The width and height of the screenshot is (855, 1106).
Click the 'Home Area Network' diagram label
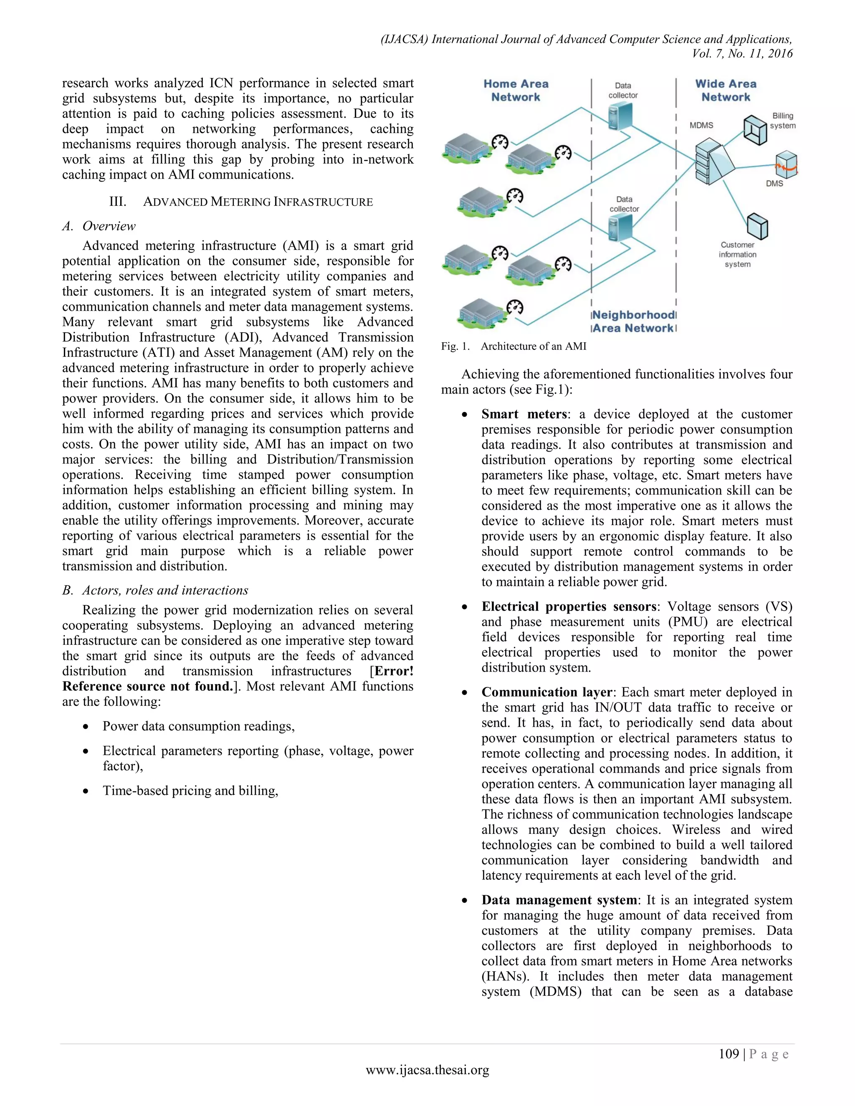pos(516,91)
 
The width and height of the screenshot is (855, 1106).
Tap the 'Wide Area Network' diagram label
pos(725,91)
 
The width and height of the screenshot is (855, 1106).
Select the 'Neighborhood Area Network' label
pos(634,321)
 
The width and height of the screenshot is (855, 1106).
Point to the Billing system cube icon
pos(755,130)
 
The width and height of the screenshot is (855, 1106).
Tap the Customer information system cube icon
pos(757,226)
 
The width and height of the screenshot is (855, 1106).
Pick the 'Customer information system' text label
pos(738,255)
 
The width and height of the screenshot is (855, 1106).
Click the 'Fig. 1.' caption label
pos(455,346)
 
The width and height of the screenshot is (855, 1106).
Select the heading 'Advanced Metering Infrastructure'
pos(258,202)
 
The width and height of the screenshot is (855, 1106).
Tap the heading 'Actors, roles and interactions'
pos(165,591)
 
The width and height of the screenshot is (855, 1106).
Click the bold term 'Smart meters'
pos(524,414)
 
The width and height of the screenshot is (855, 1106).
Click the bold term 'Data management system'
pos(559,900)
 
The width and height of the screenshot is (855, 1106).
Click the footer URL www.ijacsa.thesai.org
pos(427,1070)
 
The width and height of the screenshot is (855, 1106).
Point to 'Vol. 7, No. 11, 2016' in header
pos(742,54)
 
